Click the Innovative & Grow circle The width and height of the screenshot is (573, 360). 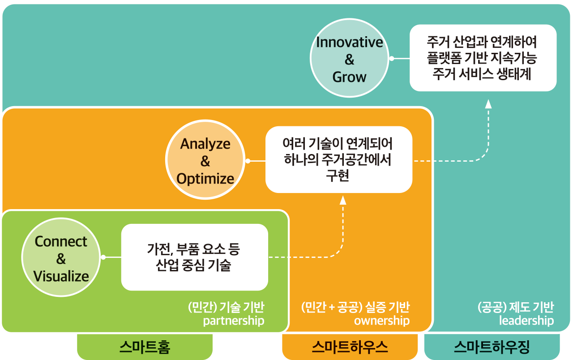(x=350, y=58)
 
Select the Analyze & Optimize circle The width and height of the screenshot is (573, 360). (x=205, y=159)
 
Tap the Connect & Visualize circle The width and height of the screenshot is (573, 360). (x=61, y=257)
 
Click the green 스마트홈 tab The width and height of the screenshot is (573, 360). (x=145, y=347)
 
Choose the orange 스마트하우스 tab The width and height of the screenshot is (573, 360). (x=350, y=347)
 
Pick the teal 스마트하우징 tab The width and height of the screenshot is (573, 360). (x=492, y=347)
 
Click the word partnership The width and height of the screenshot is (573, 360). (x=234, y=321)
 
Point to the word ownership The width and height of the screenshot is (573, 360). (x=382, y=321)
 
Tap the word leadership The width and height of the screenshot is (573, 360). (x=526, y=321)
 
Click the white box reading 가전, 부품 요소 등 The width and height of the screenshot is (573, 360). (x=195, y=257)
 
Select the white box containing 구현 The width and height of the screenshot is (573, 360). (x=339, y=159)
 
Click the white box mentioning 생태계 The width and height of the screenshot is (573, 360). (x=483, y=58)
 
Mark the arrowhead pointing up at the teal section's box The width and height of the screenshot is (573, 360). (x=488, y=104)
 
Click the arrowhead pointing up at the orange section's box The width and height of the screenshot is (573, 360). (x=343, y=200)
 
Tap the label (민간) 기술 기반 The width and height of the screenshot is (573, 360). (x=226, y=307)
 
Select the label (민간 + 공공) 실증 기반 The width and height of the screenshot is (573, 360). (x=355, y=307)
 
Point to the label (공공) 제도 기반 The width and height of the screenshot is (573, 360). (x=516, y=307)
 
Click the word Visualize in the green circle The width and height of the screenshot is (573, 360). (x=61, y=276)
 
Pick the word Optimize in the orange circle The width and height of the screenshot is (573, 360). (x=205, y=179)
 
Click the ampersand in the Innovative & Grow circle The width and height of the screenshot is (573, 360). (x=350, y=60)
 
